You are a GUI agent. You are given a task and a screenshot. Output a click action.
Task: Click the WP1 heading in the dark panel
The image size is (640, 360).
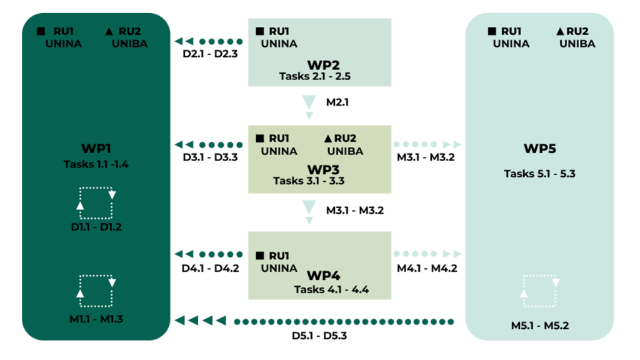pos(96,149)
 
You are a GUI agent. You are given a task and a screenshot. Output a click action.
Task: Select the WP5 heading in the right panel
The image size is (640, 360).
pos(539,149)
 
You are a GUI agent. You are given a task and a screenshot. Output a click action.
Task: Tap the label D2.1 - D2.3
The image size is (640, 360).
pos(210,54)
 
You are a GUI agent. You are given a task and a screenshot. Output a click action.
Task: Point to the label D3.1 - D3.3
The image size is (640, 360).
pos(210,157)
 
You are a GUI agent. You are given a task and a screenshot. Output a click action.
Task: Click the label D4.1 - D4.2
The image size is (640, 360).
pos(210,269)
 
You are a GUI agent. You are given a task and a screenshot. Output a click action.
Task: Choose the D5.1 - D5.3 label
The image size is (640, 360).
pos(319,335)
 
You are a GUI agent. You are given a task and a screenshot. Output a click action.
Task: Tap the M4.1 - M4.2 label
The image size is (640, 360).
pos(427,269)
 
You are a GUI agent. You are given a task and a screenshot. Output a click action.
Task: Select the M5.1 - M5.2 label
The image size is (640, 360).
pos(539,326)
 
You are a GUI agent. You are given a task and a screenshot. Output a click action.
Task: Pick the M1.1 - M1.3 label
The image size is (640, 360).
pos(96,319)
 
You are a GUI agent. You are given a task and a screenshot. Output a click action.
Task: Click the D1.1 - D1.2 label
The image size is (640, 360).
pos(96,227)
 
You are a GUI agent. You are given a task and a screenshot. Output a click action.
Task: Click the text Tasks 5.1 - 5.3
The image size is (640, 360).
pos(539,174)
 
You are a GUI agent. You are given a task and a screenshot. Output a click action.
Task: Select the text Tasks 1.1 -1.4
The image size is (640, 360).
pos(96,164)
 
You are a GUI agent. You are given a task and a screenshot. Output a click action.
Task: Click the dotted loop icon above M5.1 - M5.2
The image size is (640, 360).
pos(539,291)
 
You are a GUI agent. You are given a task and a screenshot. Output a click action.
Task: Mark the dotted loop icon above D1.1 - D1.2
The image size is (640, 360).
pos(96,202)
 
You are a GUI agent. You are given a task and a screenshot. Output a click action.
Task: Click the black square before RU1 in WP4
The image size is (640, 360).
pos(259,256)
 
